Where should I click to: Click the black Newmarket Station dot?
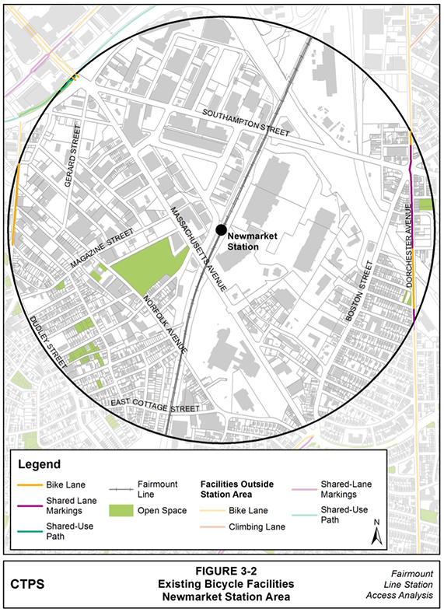[x=222, y=229]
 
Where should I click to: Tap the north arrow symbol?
[x=376, y=532]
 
